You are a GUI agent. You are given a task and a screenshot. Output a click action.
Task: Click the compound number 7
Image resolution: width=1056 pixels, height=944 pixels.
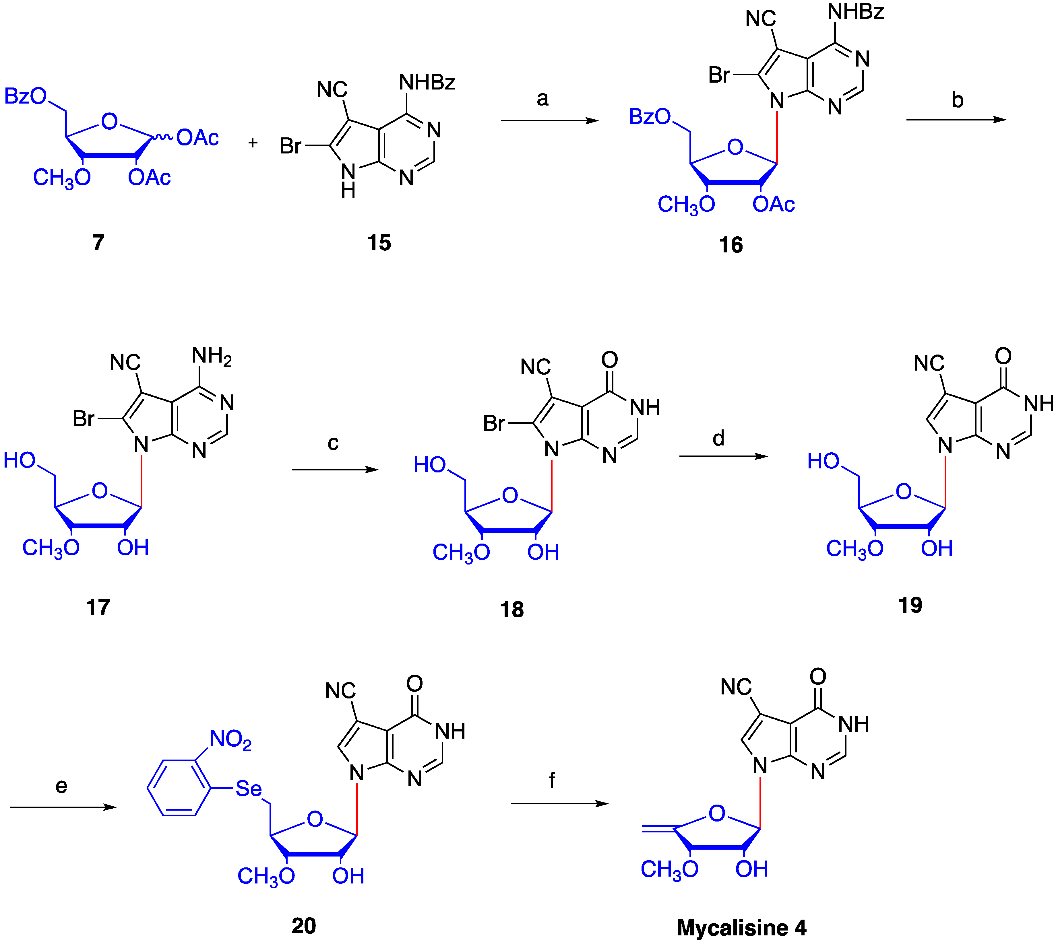[x=98, y=242]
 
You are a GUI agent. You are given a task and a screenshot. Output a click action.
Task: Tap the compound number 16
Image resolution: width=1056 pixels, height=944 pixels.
[x=731, y=245]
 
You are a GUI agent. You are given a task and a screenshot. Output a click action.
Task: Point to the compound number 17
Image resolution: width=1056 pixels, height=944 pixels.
[x=98, y=607]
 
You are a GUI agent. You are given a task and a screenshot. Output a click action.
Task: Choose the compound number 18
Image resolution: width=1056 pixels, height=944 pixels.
[x=512, y=610]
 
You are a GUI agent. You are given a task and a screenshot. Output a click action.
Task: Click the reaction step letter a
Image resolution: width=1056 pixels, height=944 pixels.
[x=542, y=99]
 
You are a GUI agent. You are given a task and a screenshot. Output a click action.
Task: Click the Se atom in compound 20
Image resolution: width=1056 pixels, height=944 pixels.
[x=249, y=789]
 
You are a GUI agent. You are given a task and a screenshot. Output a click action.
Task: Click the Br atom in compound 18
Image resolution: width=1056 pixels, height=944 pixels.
[x=493, y=424]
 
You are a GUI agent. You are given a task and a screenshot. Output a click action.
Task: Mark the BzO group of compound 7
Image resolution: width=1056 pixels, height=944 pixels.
[x=26, y=96]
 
